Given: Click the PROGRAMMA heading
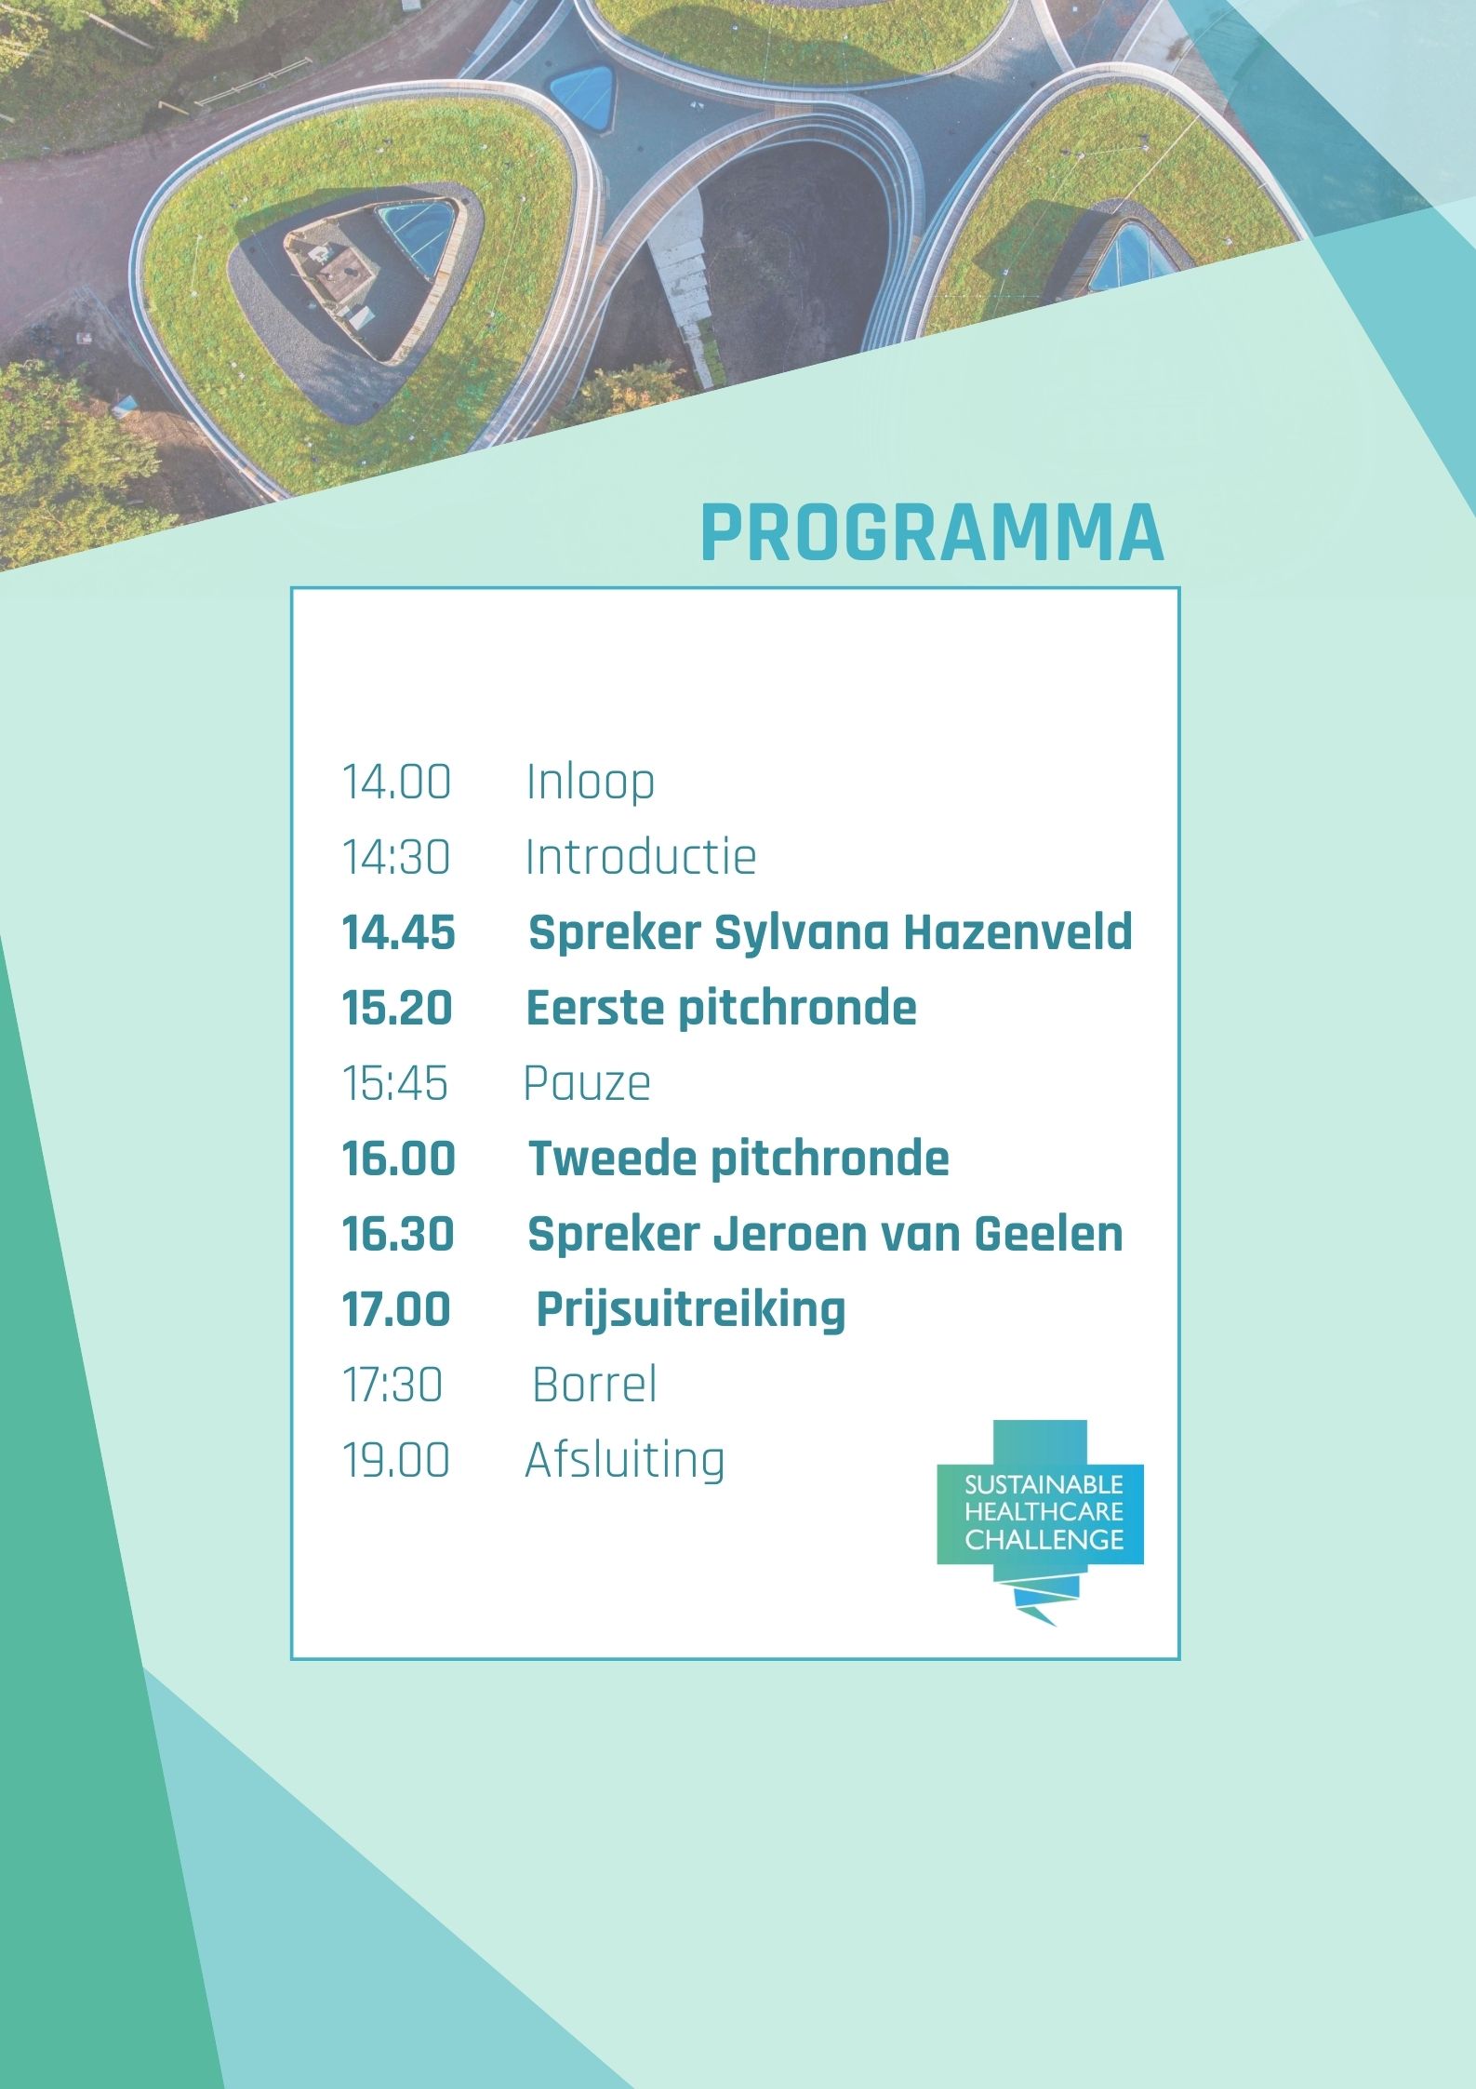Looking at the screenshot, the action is coord(932,532).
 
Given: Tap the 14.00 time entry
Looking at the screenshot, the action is coord(397,782).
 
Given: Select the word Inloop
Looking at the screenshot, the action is coord(591,782).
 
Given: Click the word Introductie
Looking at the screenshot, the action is coord(641,856).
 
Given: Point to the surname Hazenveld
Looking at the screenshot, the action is coord(1018,931).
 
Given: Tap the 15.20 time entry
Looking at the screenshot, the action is coord(397,1008).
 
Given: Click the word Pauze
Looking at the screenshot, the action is coord(587,1083).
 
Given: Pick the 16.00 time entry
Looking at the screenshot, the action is coord(399,1158).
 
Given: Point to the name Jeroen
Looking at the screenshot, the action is coord(787,1234).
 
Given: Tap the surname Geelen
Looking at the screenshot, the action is coord(1048,1234).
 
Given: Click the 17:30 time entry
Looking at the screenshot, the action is coord(392,1385).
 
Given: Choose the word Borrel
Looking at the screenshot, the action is coord(595,1385).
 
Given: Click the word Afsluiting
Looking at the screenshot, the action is coord(625,1460).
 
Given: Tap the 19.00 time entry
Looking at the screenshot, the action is coord(396,1460).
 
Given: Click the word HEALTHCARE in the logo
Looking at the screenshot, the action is coord(1044,1512).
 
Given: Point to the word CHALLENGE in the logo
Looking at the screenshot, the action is coord(1044,1540).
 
